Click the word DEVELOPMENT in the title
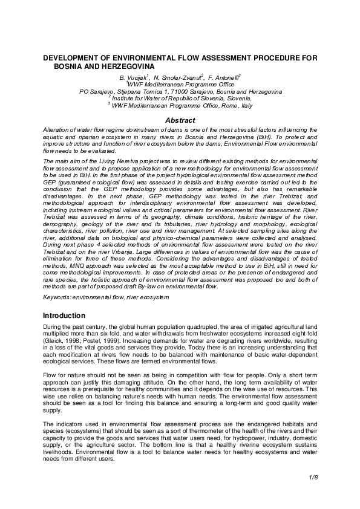70,56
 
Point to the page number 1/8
312,478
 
